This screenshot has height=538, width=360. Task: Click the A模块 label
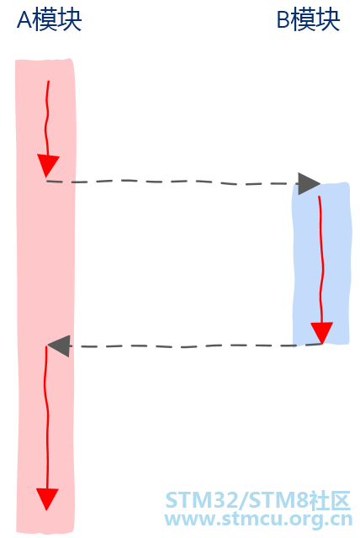click(49, 20)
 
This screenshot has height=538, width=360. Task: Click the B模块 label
click(308, 20)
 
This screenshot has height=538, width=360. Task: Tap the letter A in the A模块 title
click(24, 20)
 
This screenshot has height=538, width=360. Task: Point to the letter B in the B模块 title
click(283, 20)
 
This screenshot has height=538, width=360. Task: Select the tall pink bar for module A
click(45, 296)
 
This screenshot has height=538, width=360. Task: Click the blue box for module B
click(321, 264)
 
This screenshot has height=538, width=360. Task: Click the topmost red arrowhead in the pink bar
click(48, 166)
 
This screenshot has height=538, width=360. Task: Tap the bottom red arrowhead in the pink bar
click(47, 499)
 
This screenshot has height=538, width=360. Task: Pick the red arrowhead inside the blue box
click(321, 333)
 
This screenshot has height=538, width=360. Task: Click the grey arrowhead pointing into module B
click(309, 184)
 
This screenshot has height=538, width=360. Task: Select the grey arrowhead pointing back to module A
click(59, 345)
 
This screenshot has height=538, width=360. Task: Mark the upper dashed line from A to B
click(172, 182)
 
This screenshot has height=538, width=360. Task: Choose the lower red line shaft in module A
click(46, 417)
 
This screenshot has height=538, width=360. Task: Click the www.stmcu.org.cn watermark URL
click(258, 519)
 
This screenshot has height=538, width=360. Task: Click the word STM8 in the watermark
click(278, 500)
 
